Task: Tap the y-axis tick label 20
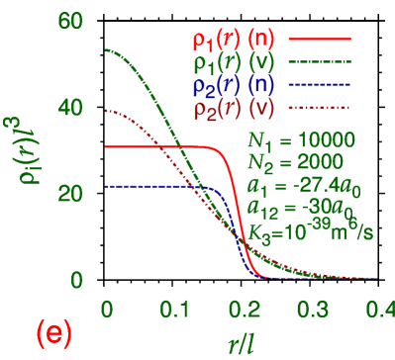coord(70,193)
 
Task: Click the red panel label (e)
coord(52,334)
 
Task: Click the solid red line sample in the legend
coord(319,41)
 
